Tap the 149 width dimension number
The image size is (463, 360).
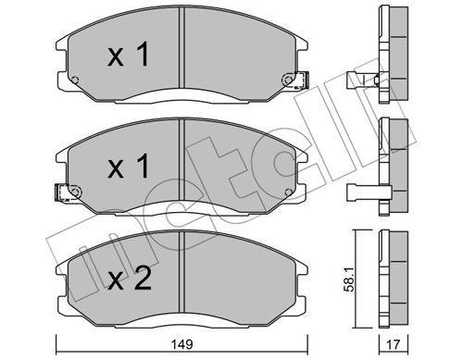(x=184, y=345)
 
